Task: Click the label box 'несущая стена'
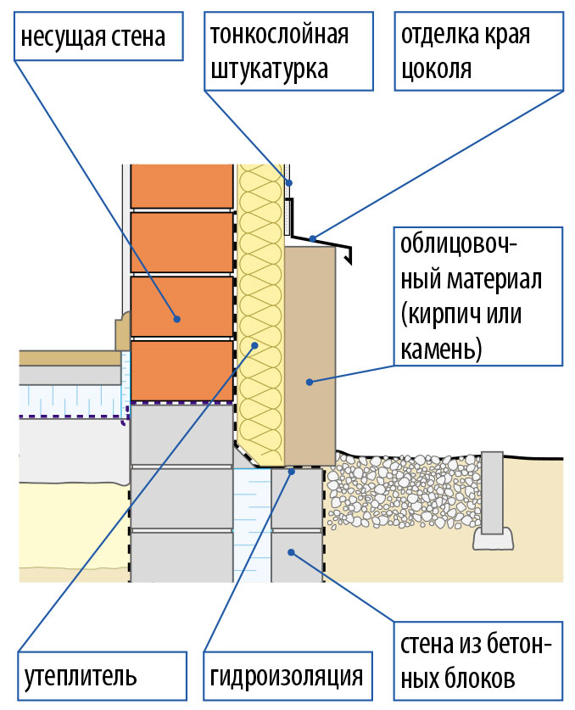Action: click(x=98, y=36)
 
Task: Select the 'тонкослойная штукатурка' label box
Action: click(x=288, y=51)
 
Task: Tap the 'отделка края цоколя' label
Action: click(x=479, y=51)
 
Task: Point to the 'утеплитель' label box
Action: click(x=103, y=676)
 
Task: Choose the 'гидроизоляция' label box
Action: click(x=288, y=676)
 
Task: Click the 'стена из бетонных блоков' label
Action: click(x=478, y=661)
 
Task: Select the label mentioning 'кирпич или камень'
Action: click(x=478, y=296)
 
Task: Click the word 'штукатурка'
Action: click(x=270, y=70)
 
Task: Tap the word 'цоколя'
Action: click(x=437, y=69)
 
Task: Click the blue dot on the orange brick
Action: click(x=177, y=319)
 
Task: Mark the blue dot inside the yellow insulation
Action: click(x=254, y=345)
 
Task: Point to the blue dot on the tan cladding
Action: click(x=310, y=382)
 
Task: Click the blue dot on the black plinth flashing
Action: click(x=312, y=238)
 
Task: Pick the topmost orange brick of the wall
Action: click(x=182, y=186)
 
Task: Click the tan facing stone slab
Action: click(x=310, y=356)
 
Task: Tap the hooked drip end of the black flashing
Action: click(x=349, y=256)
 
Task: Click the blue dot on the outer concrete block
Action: click(x=291, y=552)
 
